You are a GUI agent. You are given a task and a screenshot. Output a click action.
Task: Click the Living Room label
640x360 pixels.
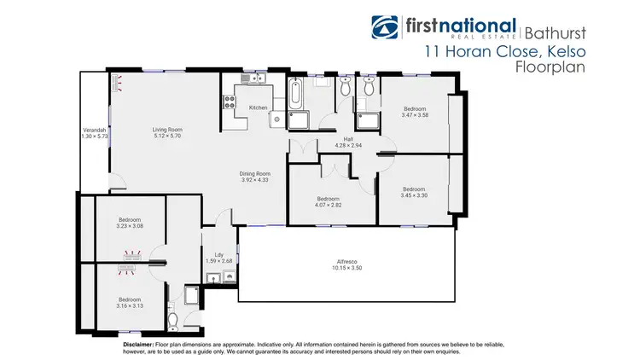click(x=167, y=130)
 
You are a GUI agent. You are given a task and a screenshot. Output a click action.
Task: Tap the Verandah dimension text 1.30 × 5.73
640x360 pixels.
click(x=95, y=136)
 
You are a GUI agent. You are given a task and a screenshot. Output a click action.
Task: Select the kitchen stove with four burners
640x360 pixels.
click(x=230, y=102)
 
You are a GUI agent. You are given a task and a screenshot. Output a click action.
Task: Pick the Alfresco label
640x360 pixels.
click(x=346, y=262)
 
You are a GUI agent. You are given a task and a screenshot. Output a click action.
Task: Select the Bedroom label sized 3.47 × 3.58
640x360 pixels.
click(x=415, y=108)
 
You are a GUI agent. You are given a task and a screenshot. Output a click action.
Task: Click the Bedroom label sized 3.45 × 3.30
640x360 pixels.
click(x=414, y=189)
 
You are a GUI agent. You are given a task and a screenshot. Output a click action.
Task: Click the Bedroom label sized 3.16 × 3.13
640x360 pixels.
click(x=130, y=299)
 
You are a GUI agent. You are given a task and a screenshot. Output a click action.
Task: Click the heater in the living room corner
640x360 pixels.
click(x=115, y=81)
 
